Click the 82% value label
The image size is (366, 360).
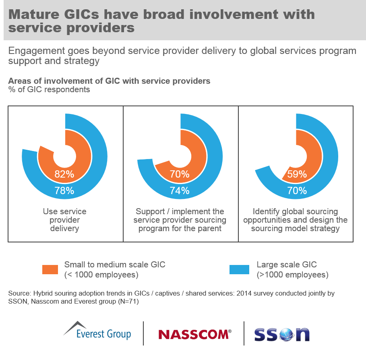(x=64, y=174)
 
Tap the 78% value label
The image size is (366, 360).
(x=64, y=190)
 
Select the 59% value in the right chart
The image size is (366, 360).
(x=297, y=174)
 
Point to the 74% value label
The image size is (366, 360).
(x=180, y=190)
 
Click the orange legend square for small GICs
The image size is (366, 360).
(x=50, y=269)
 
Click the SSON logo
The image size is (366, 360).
(x=282, y=334)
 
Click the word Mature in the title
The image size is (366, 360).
(x=33, y=14)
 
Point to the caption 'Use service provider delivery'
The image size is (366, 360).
(x=64, y=220)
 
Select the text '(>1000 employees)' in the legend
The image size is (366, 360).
(x=292, y=275)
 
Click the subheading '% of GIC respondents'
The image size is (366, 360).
(x=49, y=89)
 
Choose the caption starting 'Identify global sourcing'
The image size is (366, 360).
(x=295, y=220)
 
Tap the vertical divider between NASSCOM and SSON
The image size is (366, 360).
(x=244, y=333)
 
